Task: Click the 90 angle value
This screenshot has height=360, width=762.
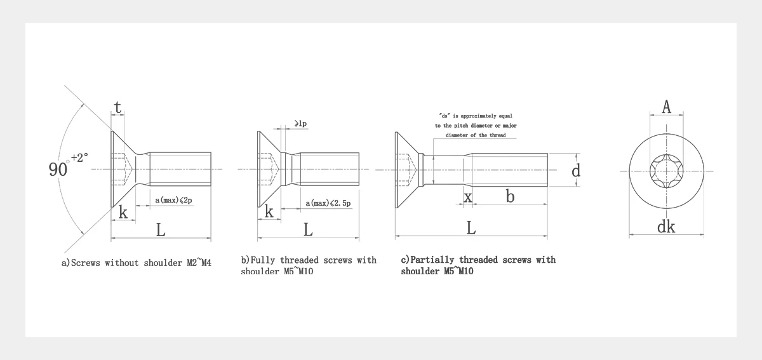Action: click(58, 170)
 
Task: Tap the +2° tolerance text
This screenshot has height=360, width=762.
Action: click(79, 157)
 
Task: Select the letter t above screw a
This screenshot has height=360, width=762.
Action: click(117, 107)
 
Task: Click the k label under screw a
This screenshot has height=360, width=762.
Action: click(123, 212)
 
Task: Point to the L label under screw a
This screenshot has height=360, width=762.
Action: click(161, 230)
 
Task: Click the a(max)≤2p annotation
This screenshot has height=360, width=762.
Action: click(173, 200)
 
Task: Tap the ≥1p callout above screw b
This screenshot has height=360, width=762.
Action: click(301, 123)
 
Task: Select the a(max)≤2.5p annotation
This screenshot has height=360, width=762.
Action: click(328, 203)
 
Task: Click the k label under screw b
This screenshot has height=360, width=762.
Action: click(269, 211)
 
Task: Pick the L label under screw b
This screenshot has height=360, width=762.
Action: click(308, 230)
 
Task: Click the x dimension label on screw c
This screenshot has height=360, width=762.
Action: click(468, 197)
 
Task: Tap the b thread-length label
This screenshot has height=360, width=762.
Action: click(510, 196)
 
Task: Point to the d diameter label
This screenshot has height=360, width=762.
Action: click(575, 170)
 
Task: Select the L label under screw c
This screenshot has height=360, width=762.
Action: click(471, 228)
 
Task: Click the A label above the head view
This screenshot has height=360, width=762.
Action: click(666, 107)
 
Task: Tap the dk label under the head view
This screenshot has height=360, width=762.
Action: click(665, 227)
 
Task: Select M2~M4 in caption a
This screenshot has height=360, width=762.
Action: click(199, 263)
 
